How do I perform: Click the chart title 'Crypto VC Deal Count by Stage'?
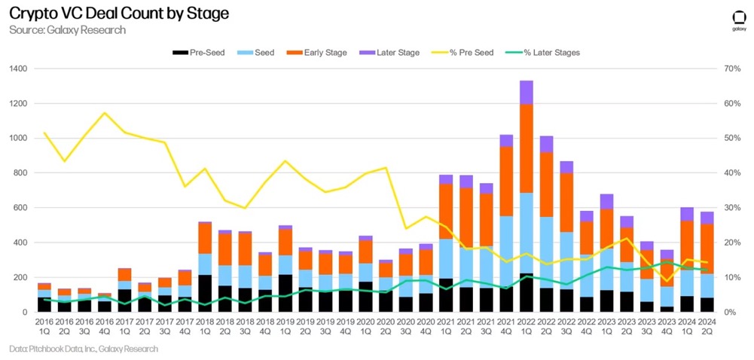[119, 14]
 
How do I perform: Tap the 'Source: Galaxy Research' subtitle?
[67, 30]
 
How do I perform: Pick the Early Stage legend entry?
[320, 52]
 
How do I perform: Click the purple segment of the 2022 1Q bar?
[526, 92]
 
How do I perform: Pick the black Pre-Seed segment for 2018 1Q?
[205, 294]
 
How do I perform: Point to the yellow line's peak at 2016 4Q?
[104, 113]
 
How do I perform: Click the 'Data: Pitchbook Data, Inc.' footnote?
[83, 349]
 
